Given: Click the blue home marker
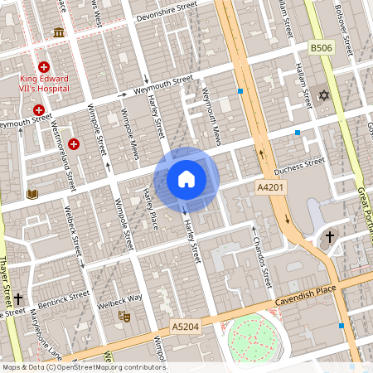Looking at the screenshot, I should [186, 178].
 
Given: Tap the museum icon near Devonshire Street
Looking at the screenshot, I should [59, 32].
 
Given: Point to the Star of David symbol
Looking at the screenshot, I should [323, 96].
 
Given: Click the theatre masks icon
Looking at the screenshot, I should [125, 315].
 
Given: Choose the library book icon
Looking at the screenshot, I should [32, 195].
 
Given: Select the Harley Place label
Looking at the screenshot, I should [149, 210].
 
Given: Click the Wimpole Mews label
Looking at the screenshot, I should [129, 133].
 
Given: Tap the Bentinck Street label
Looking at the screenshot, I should [63, 294].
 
